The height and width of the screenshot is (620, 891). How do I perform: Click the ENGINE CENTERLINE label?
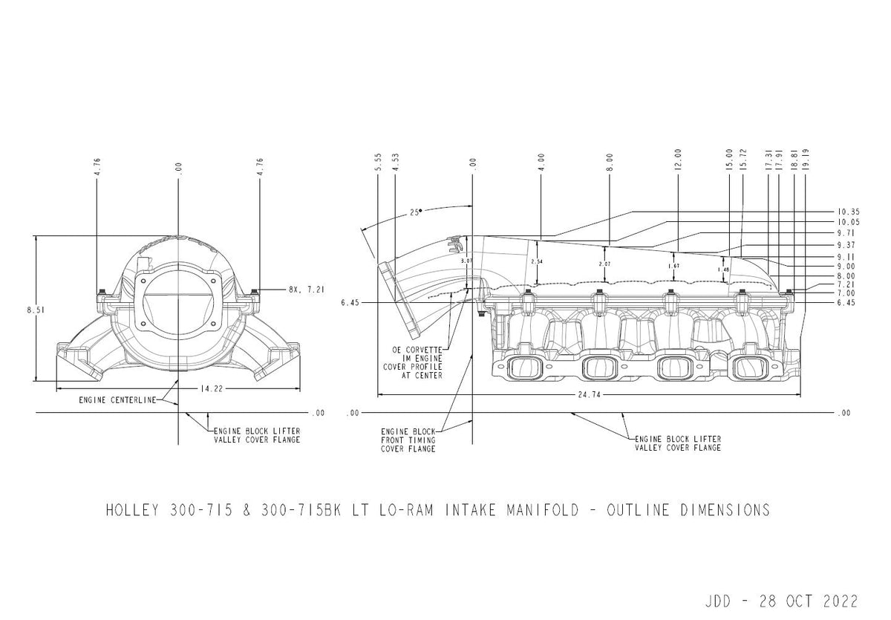(117, 400)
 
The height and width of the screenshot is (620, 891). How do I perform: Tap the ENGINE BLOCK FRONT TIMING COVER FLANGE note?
(408, 440)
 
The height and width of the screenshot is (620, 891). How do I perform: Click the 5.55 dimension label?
(378, 163)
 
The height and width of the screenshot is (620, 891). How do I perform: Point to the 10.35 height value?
(847, 212)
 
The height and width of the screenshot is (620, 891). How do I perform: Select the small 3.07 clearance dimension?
(466, 262)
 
